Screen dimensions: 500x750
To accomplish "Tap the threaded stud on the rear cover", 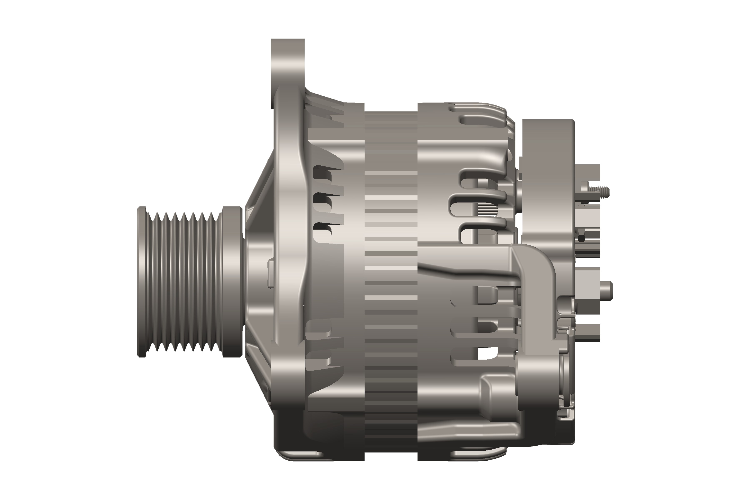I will pyautogui.click(x=598, y=191).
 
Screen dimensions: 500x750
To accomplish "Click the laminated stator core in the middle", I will pyautogui.click(x=391, y=281).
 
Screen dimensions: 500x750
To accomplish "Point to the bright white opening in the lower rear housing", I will pyautogui.click(x=488, y=353).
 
